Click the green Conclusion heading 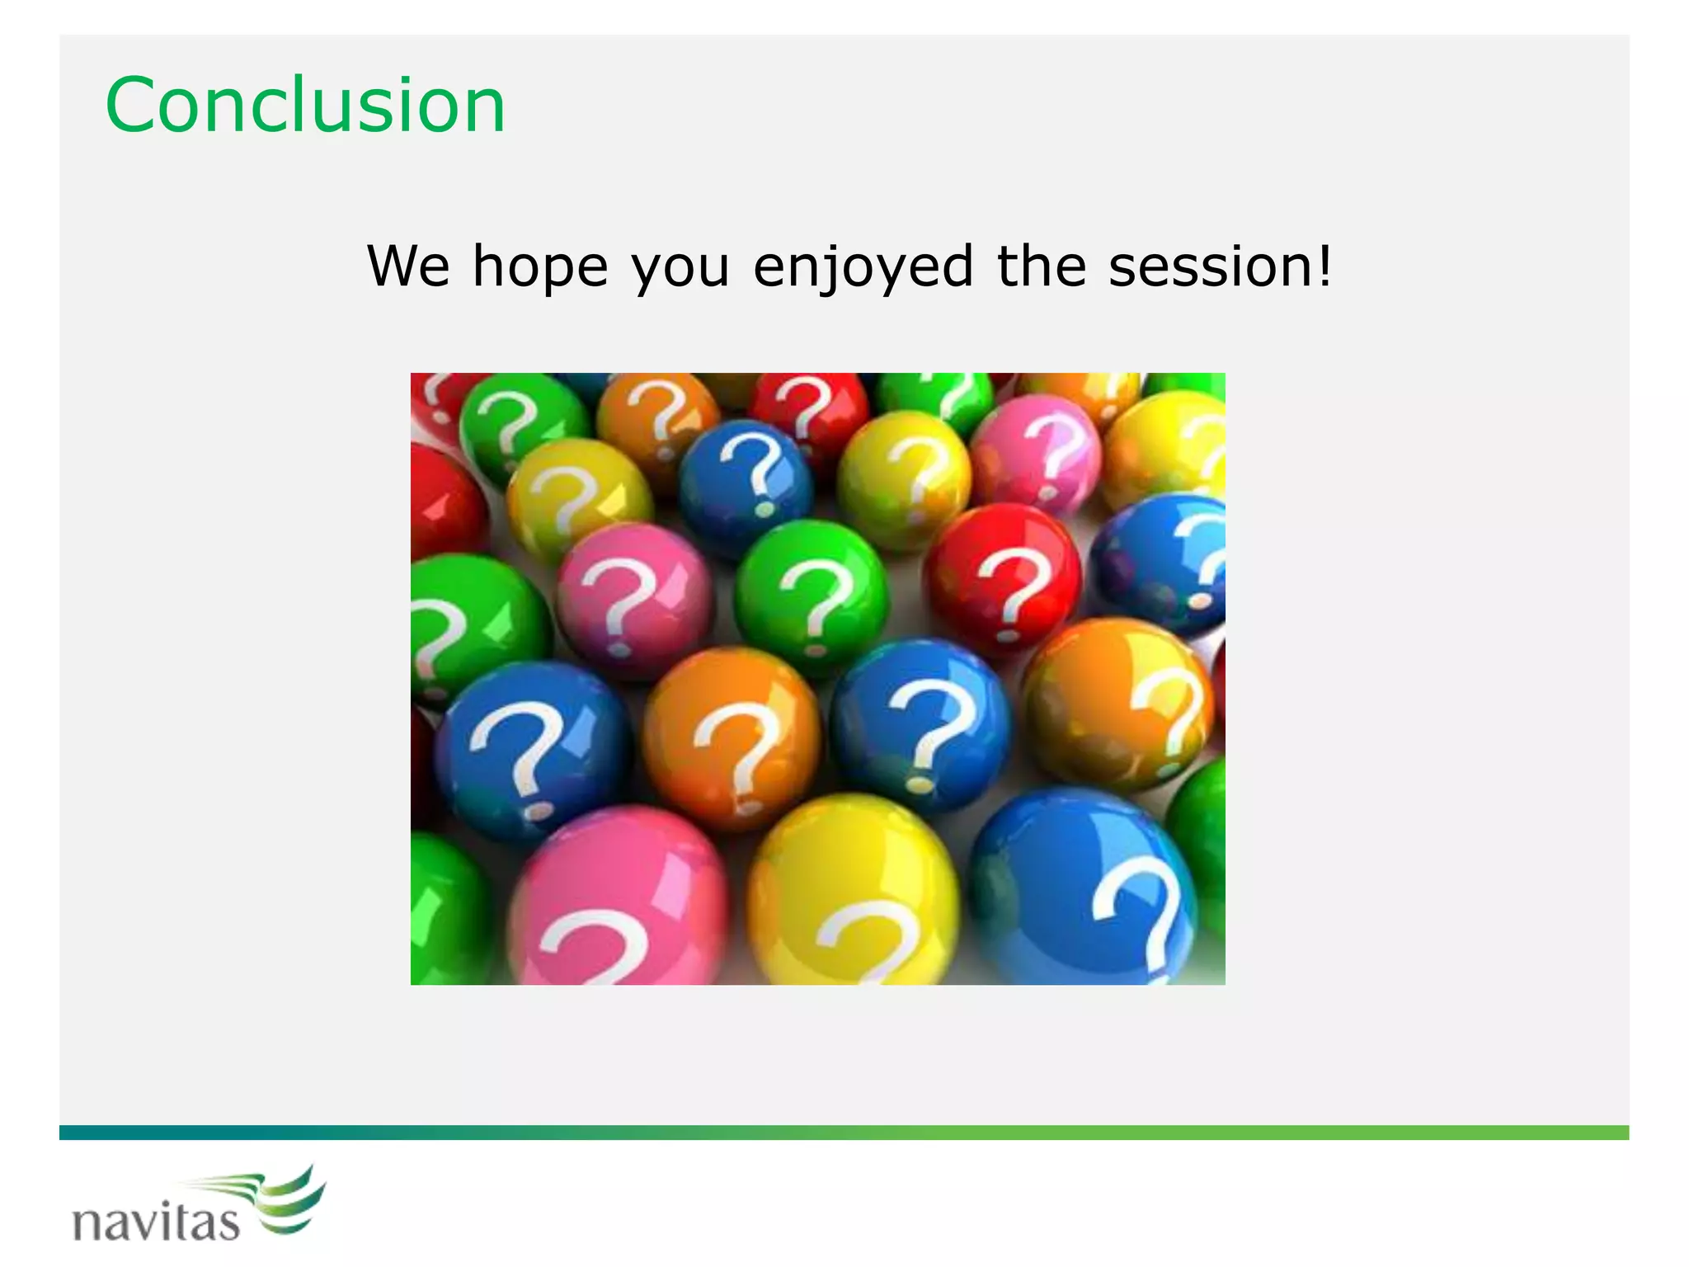305,106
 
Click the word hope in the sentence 540,267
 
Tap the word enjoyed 863,267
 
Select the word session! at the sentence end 1220,267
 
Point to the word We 408,267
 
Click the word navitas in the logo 157,1221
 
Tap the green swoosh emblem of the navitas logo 289,1200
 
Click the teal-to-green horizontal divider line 844,1133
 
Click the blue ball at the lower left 532,747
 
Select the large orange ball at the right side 1117,701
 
